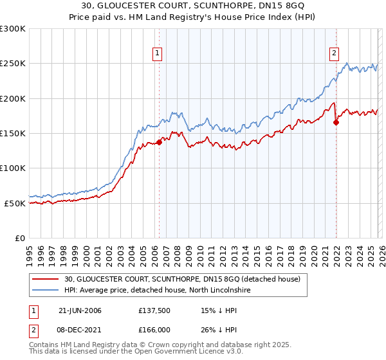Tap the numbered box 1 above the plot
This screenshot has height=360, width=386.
click(x=158, y=53)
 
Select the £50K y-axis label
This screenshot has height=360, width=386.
click(x=15, y=203)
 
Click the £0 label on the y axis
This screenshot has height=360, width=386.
click(x=19, y=238)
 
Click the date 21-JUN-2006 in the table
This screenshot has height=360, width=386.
click(x=80, y=310)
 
